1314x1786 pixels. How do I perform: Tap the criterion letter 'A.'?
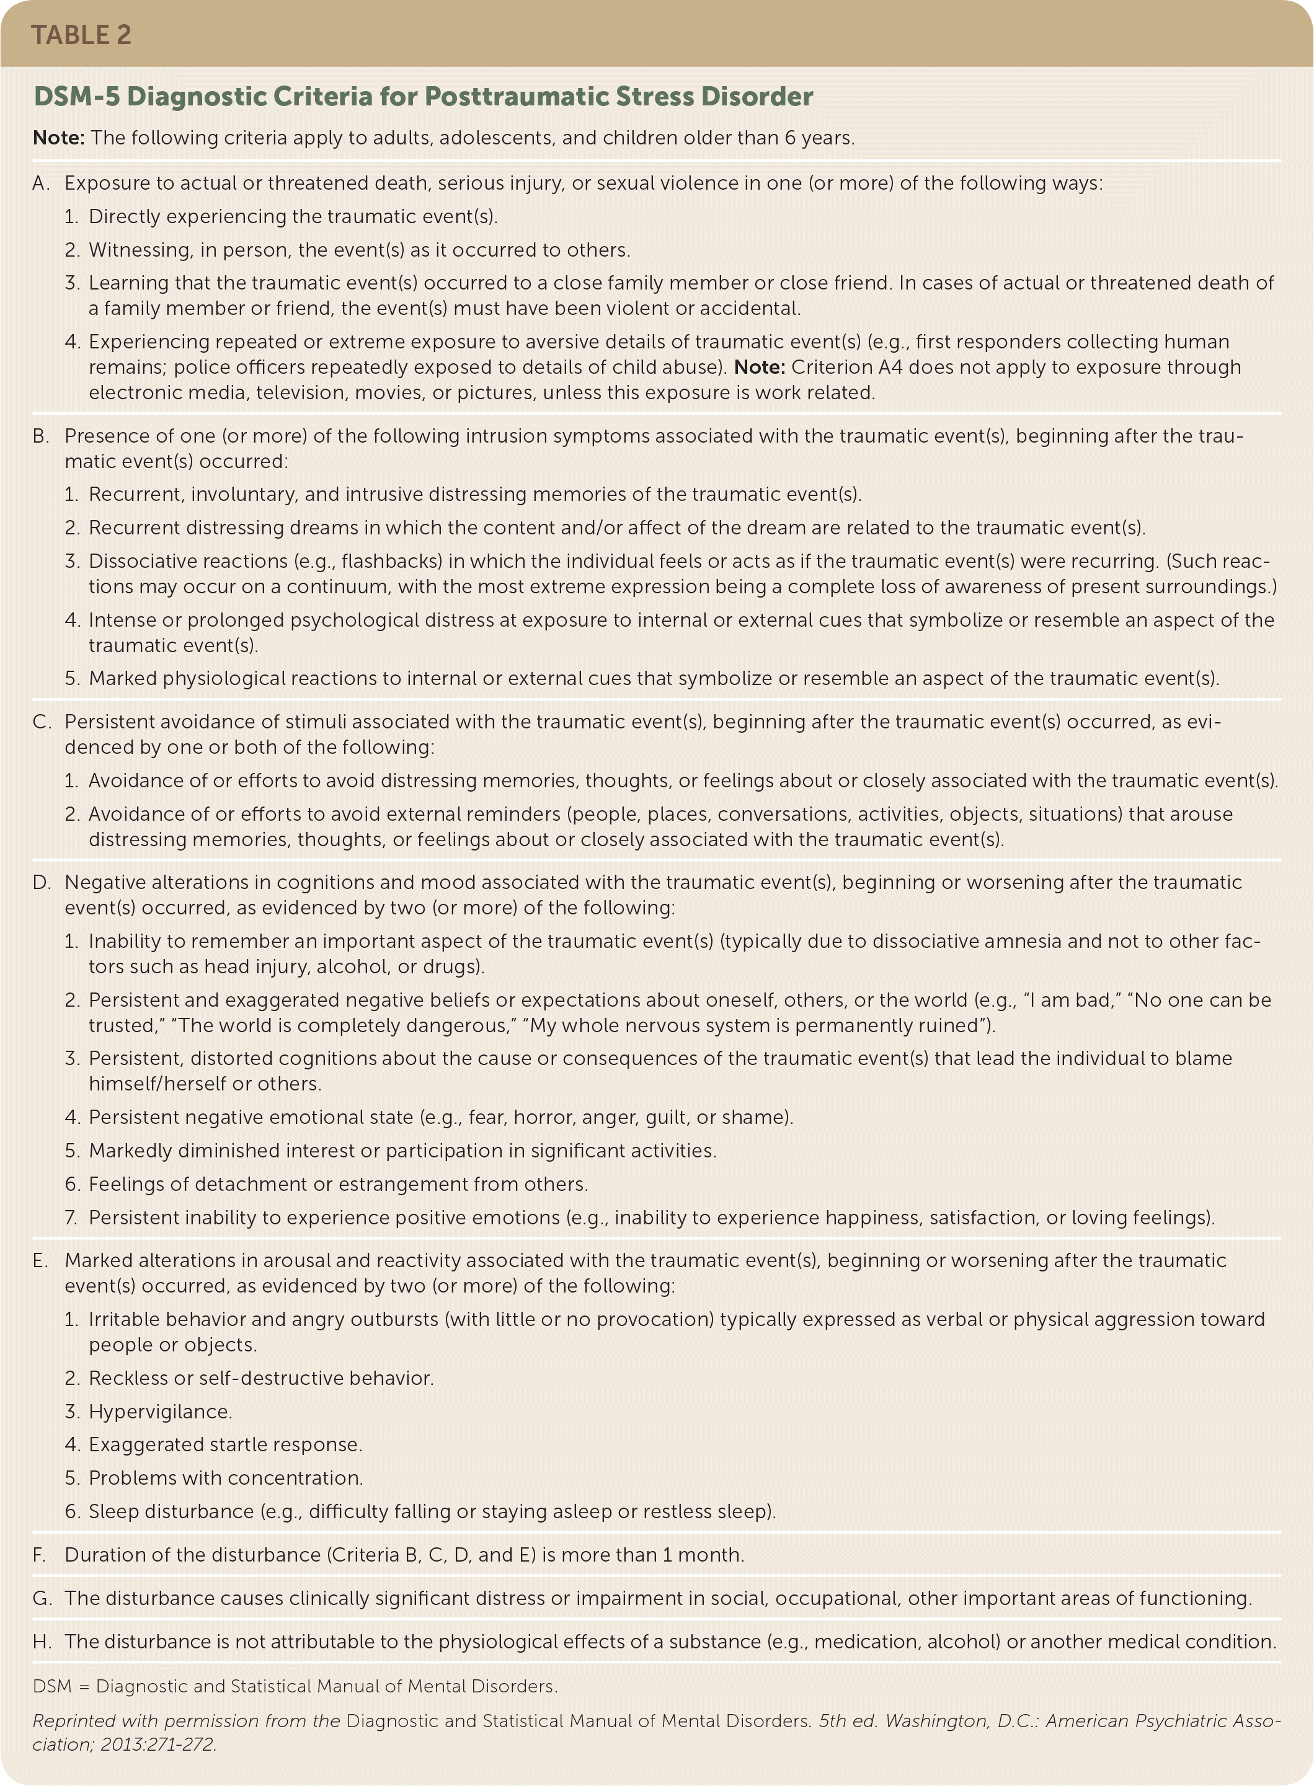click(x=42, y=183)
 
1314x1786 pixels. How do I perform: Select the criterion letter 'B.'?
click(x=42, y=436)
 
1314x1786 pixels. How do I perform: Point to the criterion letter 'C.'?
click(x=42, y=722)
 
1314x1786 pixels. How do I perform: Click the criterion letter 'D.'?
click(x=42, y=882)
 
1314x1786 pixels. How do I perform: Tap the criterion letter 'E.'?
click(x=40, y=1260)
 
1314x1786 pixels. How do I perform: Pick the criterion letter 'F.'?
click(x=40, y=1555)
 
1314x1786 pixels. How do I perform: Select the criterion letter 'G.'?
click(x=42, y=1598)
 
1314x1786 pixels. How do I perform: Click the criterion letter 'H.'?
click(x=42, y=1642)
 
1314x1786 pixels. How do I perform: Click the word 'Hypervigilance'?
click(x=158, y=1412)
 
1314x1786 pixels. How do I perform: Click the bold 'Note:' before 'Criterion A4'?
click(x=760, y=368)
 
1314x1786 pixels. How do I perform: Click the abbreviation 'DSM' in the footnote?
click(x=51, y=1686)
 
